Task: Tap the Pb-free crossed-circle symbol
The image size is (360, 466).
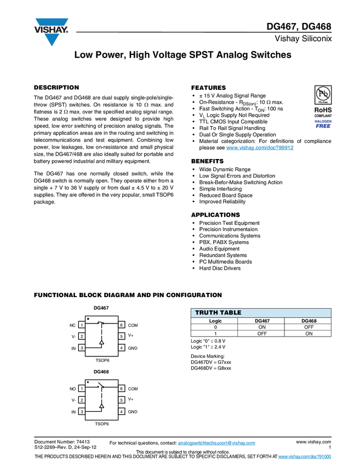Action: (323, 94)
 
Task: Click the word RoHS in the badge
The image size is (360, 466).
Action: (323, 110)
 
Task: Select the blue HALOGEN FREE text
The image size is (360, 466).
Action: (323, 123)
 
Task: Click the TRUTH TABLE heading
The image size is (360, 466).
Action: (218, 313)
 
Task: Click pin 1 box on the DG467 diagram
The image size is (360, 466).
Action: (82, 325)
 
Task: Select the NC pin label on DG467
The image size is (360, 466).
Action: (72, 325)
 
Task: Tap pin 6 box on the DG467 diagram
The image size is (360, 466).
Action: (122, 325)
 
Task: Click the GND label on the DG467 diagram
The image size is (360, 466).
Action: (133, 348)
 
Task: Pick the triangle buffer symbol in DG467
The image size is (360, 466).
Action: (101, 342)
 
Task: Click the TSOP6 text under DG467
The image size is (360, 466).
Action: (102, 360)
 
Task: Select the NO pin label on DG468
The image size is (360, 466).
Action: (72, 389)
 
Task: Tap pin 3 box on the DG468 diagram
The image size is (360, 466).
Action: (82, 412)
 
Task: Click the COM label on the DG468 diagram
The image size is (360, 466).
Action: (133, 389)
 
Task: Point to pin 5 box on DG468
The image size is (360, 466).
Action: (122, 400)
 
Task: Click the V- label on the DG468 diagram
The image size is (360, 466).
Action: (73, 400)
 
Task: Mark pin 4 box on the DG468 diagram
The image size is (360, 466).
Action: (122, 412)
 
